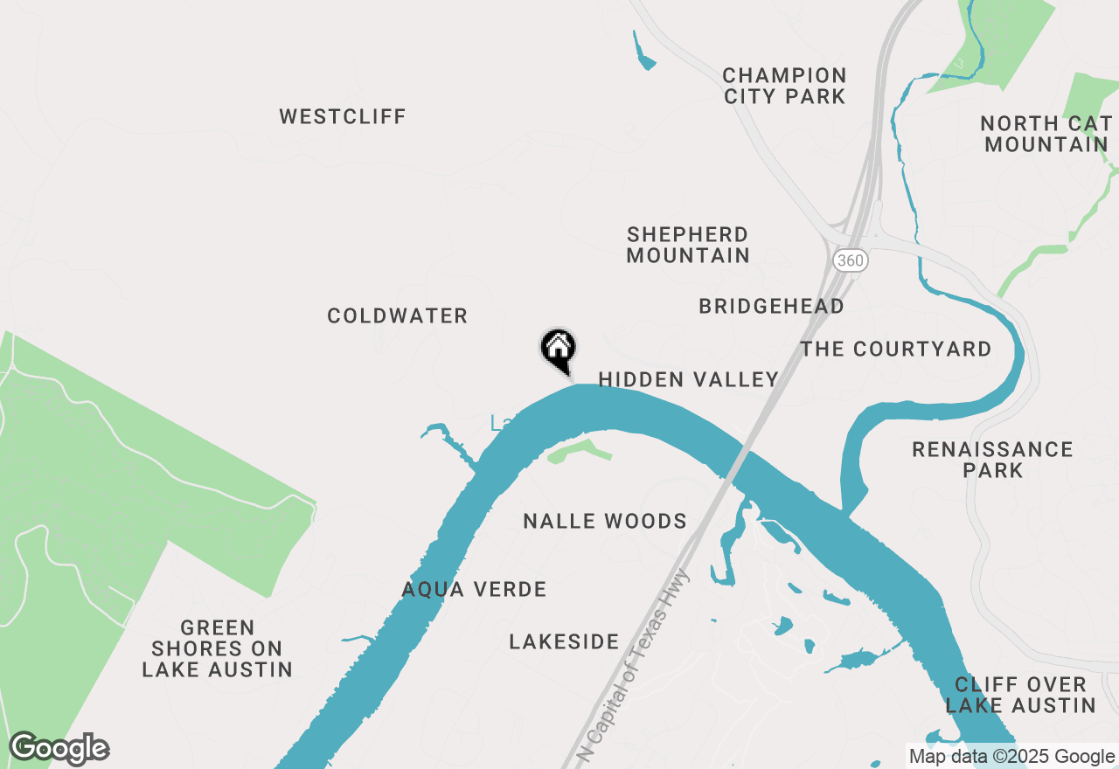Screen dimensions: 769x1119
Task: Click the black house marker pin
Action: [x=558, y=350]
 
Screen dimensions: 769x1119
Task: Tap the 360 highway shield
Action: [x=849, y=260]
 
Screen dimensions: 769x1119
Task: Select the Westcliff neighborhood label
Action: [x=343, y=116]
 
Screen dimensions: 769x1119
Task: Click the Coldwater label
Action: [x=398, y=315]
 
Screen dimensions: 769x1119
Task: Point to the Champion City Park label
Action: [x=784, y=86]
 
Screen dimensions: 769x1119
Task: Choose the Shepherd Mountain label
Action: [x=688, y=245]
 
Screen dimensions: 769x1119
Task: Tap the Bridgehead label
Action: [x=771, y=306]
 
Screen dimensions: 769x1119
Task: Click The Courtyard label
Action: [x=896, y=349]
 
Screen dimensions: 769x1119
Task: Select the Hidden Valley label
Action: [x=688, y=378]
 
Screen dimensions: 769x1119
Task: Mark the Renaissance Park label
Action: [x=992, y=459]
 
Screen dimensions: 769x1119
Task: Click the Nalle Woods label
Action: [x=605, y=521]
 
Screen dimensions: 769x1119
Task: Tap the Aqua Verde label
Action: [x=474, y=589]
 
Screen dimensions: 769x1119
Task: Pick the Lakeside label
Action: [x=564, y=641]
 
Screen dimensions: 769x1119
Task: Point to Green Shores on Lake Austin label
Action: [x=217, y=648]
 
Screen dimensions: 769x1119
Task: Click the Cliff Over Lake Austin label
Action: [x=1020, y=695]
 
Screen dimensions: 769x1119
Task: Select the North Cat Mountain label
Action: [x=1046, y=134]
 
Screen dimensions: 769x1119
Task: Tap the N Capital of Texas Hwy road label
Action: [x=637, y=664]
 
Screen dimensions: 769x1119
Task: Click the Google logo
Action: [x=59, y=749]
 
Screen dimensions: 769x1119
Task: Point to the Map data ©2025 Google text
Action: [x=1011, y=757]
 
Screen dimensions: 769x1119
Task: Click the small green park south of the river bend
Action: [x=578, y=452]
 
